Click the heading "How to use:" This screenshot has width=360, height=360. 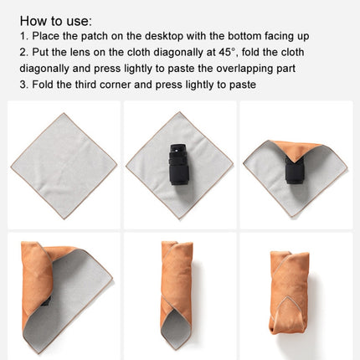(x=56, y=21)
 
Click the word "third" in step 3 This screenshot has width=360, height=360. (x=85, y=85)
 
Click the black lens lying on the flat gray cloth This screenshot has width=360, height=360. (x=178, y=164)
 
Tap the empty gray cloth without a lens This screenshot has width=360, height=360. (x=64, y=166)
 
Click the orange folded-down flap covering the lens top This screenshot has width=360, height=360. (x=296, y=149)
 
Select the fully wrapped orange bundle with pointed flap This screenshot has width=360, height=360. (x=290, y=292)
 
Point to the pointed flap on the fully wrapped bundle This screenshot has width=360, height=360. (x=285, y=313)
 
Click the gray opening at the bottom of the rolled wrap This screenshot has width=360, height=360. (x=176, y=328)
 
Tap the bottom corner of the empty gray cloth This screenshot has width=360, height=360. (x=64, y=219)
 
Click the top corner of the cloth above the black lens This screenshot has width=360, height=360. (x=180, y=112)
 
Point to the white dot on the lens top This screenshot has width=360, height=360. (x=177, y=151)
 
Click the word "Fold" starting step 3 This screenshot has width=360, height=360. (x=43, y=85)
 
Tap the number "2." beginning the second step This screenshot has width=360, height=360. (x=23, y=52)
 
